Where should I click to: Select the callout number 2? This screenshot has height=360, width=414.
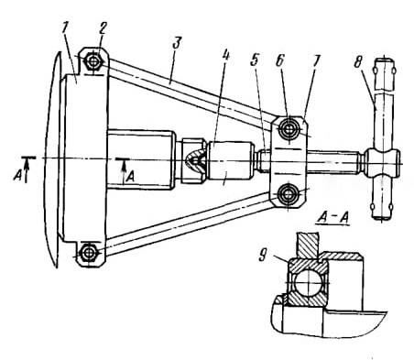[x=102, y=29]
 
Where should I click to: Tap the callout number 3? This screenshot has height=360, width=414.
[x=177, y=43]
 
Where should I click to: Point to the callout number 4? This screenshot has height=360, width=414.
[x=225, y=56]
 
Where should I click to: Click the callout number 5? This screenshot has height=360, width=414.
[x=255, y=60]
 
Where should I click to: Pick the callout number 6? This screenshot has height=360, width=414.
[x=280, y=60]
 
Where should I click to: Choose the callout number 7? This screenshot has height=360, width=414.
[x=315, y=60]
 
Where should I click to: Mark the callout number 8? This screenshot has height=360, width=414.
[x=357, y=63]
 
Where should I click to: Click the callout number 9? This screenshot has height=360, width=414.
[x=263, y=255]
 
